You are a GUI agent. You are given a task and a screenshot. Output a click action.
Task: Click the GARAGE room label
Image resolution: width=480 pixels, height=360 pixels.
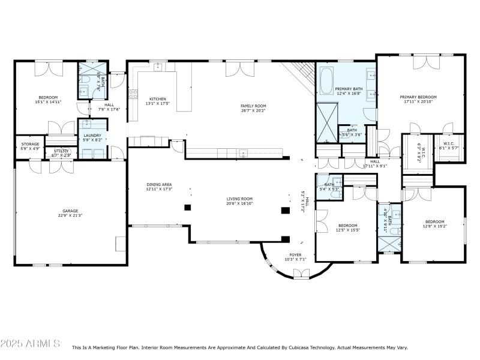coord(71,211)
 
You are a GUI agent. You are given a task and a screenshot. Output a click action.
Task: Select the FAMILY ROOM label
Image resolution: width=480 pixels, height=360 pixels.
coord(253,106)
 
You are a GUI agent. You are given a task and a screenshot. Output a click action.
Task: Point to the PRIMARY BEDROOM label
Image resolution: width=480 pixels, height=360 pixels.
coord(418,97)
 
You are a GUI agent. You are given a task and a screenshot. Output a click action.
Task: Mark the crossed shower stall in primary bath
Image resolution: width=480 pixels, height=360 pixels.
coord(328,122)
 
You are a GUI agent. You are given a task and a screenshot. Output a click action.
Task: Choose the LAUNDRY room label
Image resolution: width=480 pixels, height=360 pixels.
coord(92,135)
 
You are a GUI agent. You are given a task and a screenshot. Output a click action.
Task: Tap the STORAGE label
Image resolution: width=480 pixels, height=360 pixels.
coord(30,144)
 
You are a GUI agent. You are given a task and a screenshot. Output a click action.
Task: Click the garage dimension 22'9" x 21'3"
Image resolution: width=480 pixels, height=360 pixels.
coord(71,216)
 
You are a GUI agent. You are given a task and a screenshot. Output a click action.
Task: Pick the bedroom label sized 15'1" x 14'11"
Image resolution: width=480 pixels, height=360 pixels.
coord(48,97)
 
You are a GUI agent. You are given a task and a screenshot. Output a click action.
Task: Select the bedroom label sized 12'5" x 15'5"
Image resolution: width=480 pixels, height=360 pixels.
coord(347,226)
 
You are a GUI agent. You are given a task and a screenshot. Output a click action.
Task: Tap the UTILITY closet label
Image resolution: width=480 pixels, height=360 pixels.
coord(62,151)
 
